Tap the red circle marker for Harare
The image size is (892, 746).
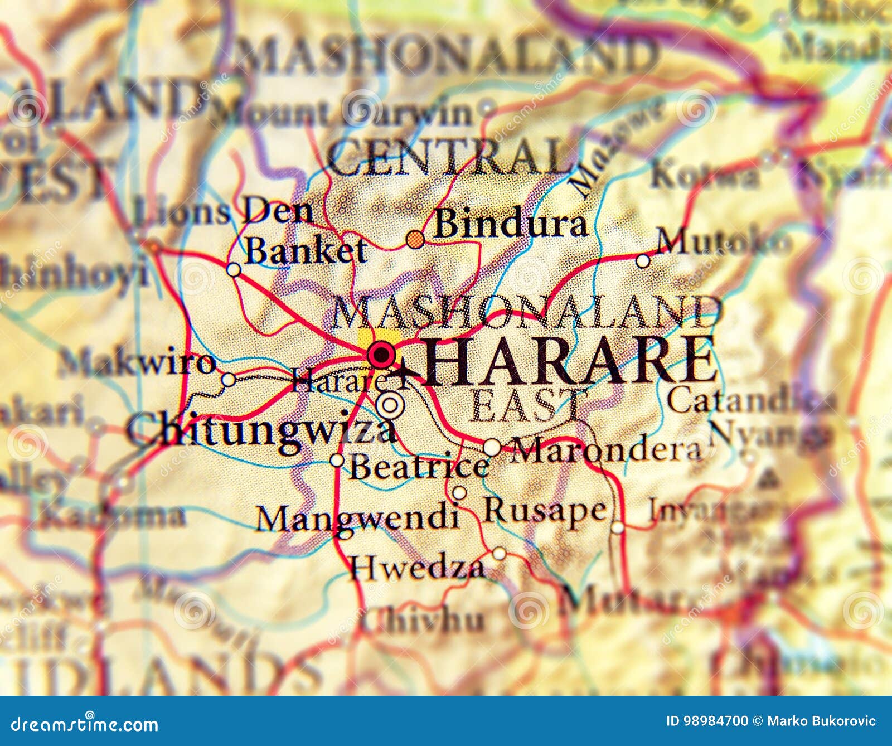pyautogui.click(x=381, y=353)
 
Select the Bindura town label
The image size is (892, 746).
pyautogui.click(x=511, y=224)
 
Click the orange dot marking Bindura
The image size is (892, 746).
pyautogui.click(x=414, y=240)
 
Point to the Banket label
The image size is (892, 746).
pyautogui.click(x=306, y=251)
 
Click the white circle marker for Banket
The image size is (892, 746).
pyautogui.click(x=234, y=270)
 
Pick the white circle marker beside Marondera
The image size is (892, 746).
pyautogui.click(x=492, y=447)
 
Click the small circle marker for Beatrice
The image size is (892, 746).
pyautogui.click(x=337, y=460)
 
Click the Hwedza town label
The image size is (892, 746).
pyautogui.click(x=418, y=567)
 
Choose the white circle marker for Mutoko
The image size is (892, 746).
pyautogui.click(x=643, y=260)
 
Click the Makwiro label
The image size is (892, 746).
pyautogui.click(x=137, y=363)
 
